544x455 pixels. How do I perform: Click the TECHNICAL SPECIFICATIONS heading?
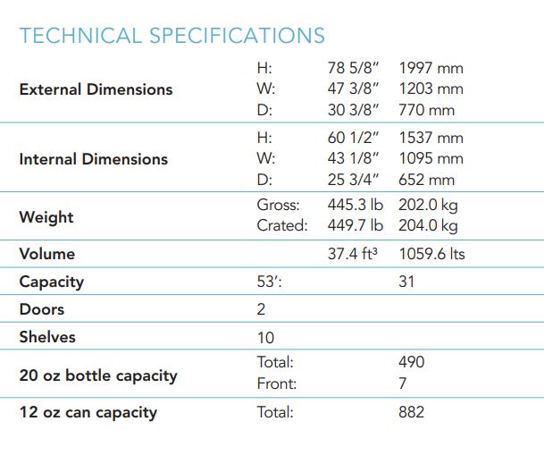[x=172, y=36]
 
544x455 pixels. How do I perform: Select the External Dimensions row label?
[x=96, y=89]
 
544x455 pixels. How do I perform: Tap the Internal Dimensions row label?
[x=93, y=159]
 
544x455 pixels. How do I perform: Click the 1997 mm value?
[x=431, y=68]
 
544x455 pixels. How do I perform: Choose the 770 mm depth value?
[x=426, y=111]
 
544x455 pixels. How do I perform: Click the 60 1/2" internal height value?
[x=354, y=138]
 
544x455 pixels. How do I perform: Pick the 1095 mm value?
[x=431, y=159]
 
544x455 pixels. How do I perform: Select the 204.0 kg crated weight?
[x=428, y=226]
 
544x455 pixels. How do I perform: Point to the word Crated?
[x=281, y=226]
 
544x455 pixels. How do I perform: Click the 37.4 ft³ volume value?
[x=353, y=254]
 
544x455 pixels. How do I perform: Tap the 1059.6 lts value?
[x=431, y=254]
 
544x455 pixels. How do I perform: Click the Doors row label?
[x=41, y=310]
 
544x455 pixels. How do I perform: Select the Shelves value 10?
[x=265, y=338]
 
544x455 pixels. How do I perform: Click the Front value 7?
[x=403, y=383]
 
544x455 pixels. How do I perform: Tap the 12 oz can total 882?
[x=412, y=412]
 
